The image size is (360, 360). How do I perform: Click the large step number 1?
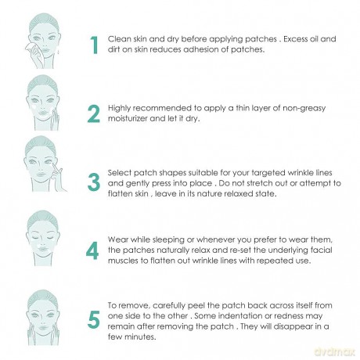tap(95, 45)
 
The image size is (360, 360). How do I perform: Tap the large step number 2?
tap(94, 113)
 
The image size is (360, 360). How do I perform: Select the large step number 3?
tap(94, 182)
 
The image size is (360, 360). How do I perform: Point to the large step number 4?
tap(92, 250)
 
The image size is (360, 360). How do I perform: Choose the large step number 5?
tap(94, 319)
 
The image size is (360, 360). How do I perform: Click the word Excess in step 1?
tap(295, 39)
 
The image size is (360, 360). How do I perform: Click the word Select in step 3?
tap(120, 173)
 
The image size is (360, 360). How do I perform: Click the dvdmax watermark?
tap(334, 352)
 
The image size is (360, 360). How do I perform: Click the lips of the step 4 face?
tap(43, 249)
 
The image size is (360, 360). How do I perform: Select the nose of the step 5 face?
tap(43, 320)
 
